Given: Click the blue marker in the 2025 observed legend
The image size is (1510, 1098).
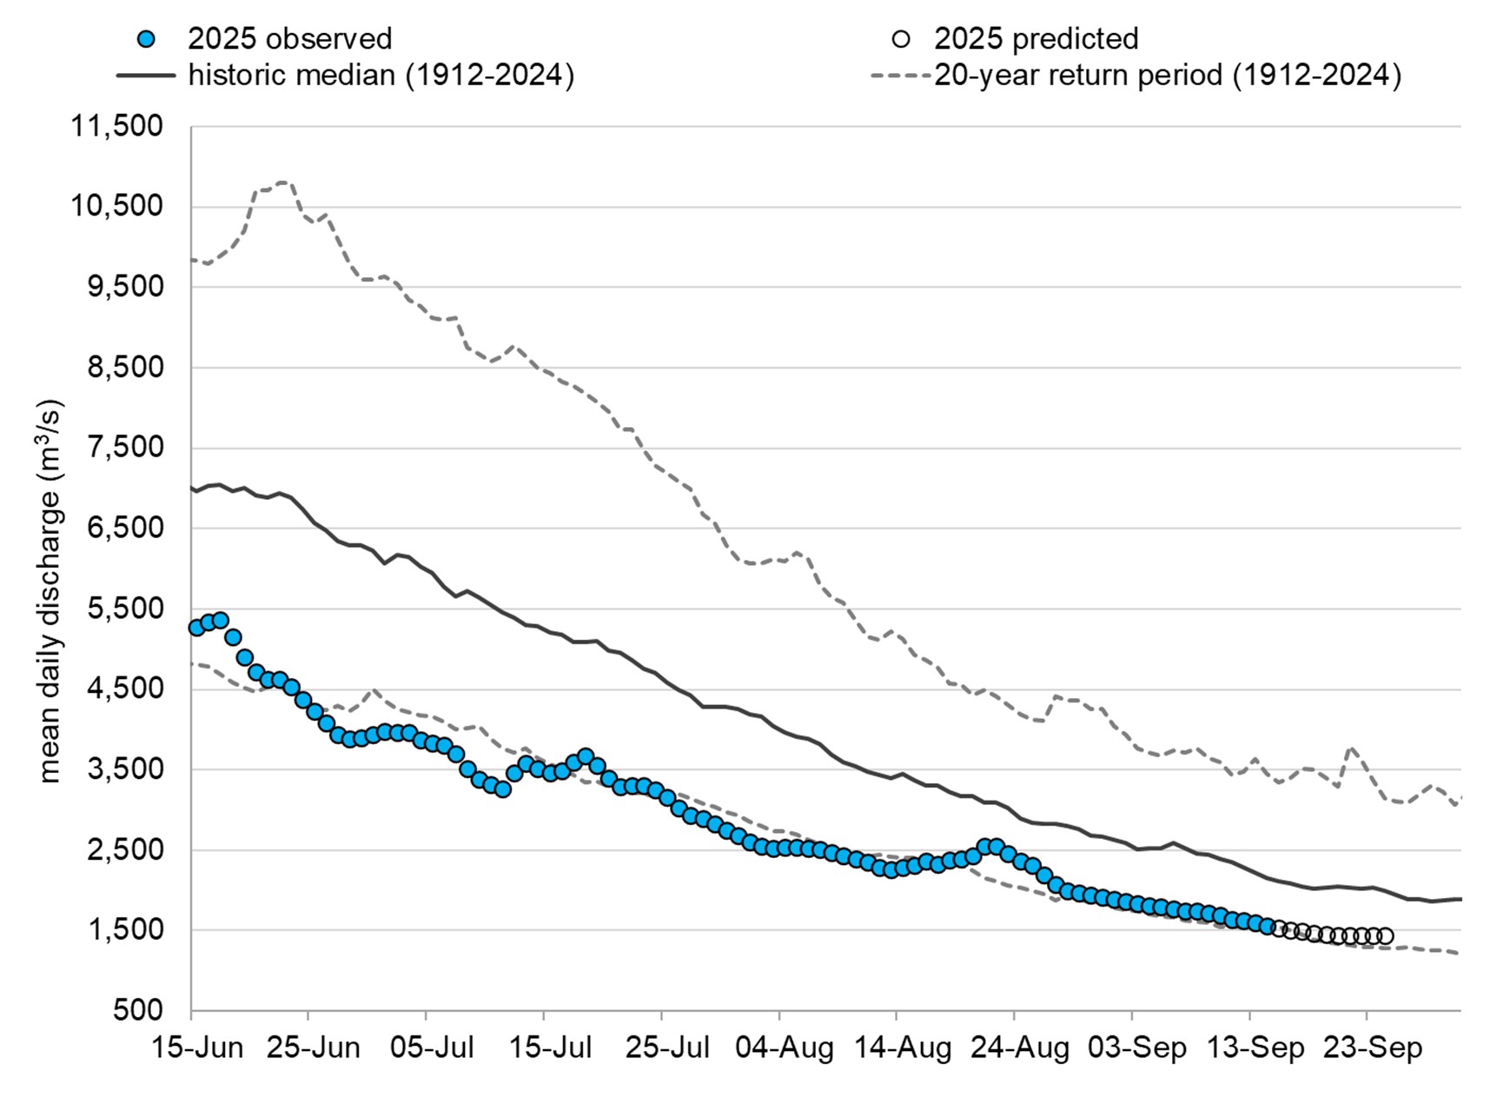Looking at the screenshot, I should coord(147,39).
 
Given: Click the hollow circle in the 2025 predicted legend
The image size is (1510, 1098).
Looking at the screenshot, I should coord(901,39).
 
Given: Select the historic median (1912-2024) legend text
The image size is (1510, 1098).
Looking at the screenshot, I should coord(381,76).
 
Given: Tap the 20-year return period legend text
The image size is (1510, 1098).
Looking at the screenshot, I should coord(1167,76).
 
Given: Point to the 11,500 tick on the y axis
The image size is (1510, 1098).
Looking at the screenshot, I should coord(116,126).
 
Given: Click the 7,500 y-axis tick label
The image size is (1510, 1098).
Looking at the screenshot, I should coord(125,448).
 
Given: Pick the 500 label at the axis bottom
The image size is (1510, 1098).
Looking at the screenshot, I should coord(137,1010).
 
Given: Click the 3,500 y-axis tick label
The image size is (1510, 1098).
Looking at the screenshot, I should coord(125,769).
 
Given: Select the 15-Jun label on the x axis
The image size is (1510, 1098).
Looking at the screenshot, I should coord(197,1048).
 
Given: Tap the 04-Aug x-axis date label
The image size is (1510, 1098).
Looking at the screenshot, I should coord(784,1048).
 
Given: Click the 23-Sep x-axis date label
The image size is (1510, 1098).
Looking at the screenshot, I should coord(1372,1048).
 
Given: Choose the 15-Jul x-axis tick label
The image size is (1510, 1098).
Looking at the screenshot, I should coord(549,1048).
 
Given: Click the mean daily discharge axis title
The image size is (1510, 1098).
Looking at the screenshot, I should coord(50,591).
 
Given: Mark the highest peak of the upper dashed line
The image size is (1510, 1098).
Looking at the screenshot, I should coord(282,182).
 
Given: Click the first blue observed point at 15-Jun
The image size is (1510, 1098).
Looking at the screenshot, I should coord(196,627).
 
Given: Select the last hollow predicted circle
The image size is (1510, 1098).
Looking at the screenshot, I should coord(1386,935).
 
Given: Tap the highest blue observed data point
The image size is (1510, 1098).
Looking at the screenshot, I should coord(220,620).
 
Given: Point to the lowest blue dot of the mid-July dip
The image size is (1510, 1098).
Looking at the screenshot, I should coord(502,789).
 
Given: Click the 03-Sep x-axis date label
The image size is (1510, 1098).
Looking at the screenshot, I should coord(1136,1048).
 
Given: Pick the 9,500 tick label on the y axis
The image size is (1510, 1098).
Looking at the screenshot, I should coord(125,287).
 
